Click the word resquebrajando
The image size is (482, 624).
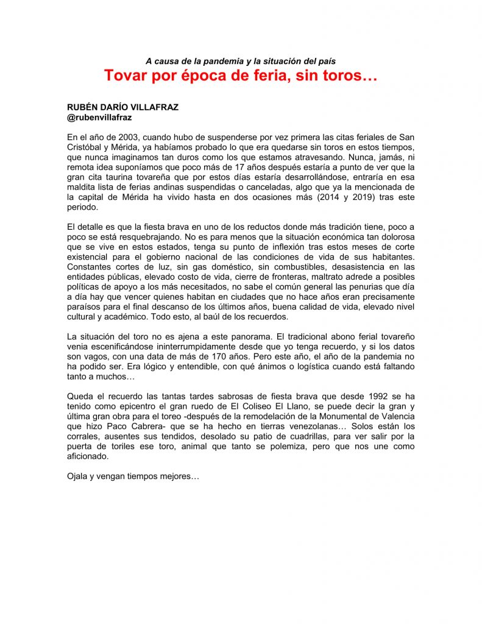(136, 236)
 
